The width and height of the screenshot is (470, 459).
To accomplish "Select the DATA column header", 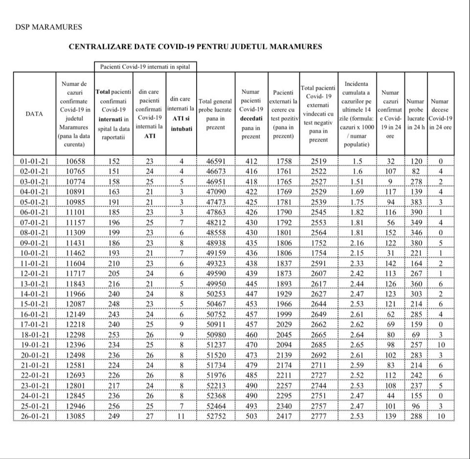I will [34, 114].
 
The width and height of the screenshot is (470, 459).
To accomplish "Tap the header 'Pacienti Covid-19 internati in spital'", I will [145, 66].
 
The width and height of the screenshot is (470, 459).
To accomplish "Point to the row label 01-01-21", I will [34, 161].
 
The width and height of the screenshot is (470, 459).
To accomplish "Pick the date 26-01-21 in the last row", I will [34, 416].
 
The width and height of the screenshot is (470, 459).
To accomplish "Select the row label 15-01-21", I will [34, 304].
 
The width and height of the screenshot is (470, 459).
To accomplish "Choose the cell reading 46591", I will [215, 161].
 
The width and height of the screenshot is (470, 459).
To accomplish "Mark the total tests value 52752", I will [215, 416].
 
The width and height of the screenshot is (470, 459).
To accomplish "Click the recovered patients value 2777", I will [318, 416].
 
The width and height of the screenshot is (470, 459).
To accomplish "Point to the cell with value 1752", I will [318, 243].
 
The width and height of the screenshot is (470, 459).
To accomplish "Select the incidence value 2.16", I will [357, 243].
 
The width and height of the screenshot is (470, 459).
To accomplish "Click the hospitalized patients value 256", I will [113, 406].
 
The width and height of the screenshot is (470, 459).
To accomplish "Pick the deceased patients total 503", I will [251, 416].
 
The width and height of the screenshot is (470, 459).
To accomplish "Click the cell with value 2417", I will [283, 416].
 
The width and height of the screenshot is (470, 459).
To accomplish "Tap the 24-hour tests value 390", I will [415, 212].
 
